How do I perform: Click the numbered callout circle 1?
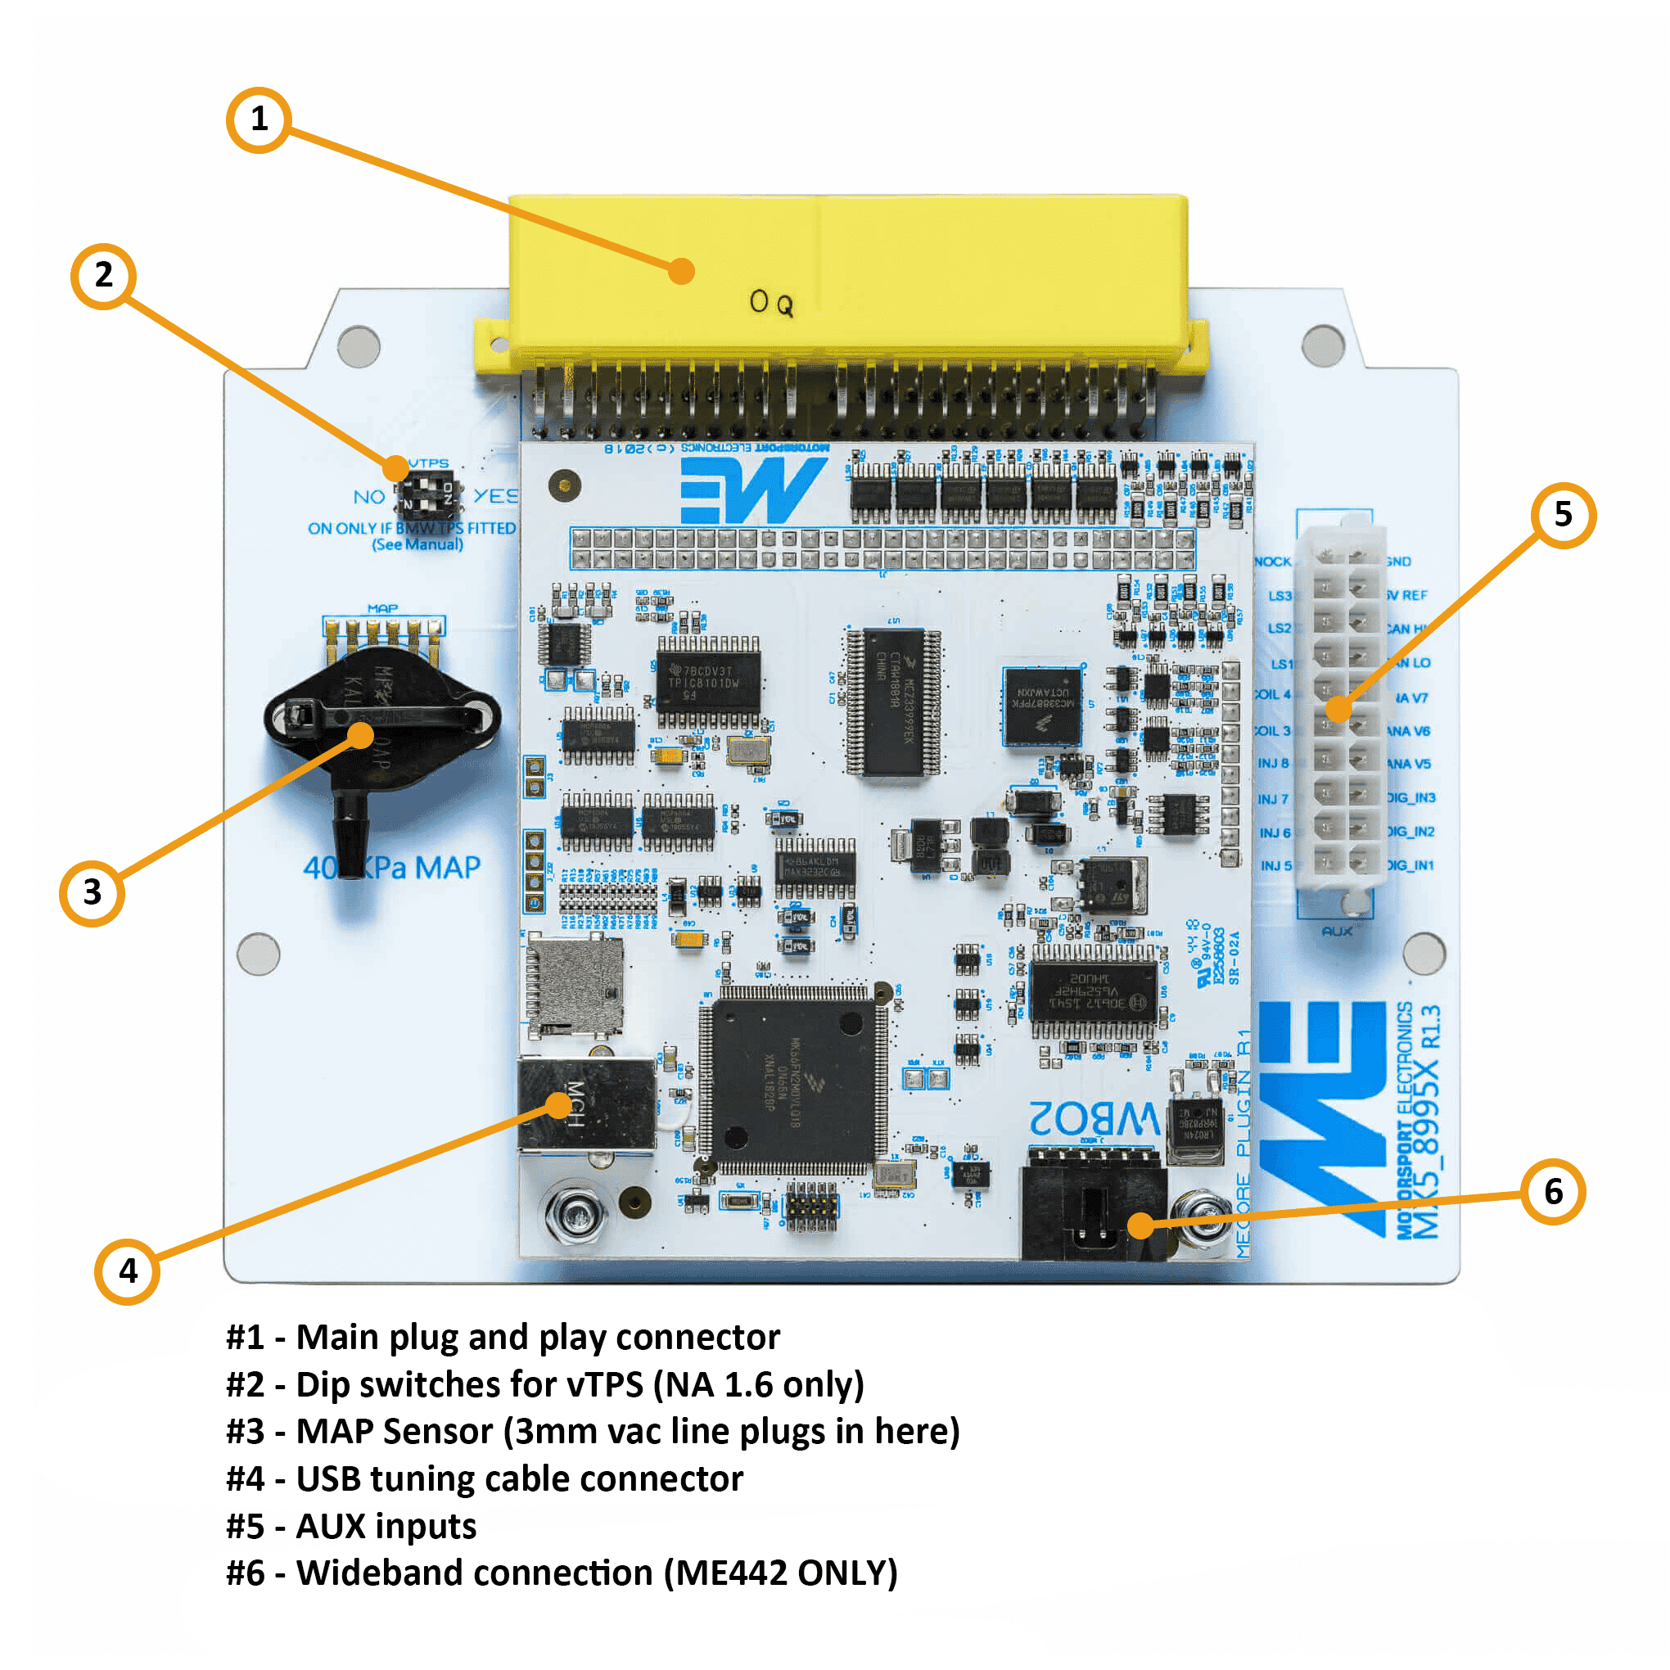point(259,120)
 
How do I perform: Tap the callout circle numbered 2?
point(104,277)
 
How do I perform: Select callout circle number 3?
point(92,893)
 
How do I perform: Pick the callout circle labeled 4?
point(127,1271)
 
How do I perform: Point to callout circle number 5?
point(1563,515)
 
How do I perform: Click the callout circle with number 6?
point(1553,1192)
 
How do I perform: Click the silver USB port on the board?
point(586,1104)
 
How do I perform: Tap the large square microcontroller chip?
point(792,1081)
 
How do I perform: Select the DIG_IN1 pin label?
point(1410,865)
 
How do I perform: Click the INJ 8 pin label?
point(1273,764)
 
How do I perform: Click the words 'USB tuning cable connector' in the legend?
point(519,1479)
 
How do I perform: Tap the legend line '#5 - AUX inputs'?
point(351,1527)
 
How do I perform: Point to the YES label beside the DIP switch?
point(495,496)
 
